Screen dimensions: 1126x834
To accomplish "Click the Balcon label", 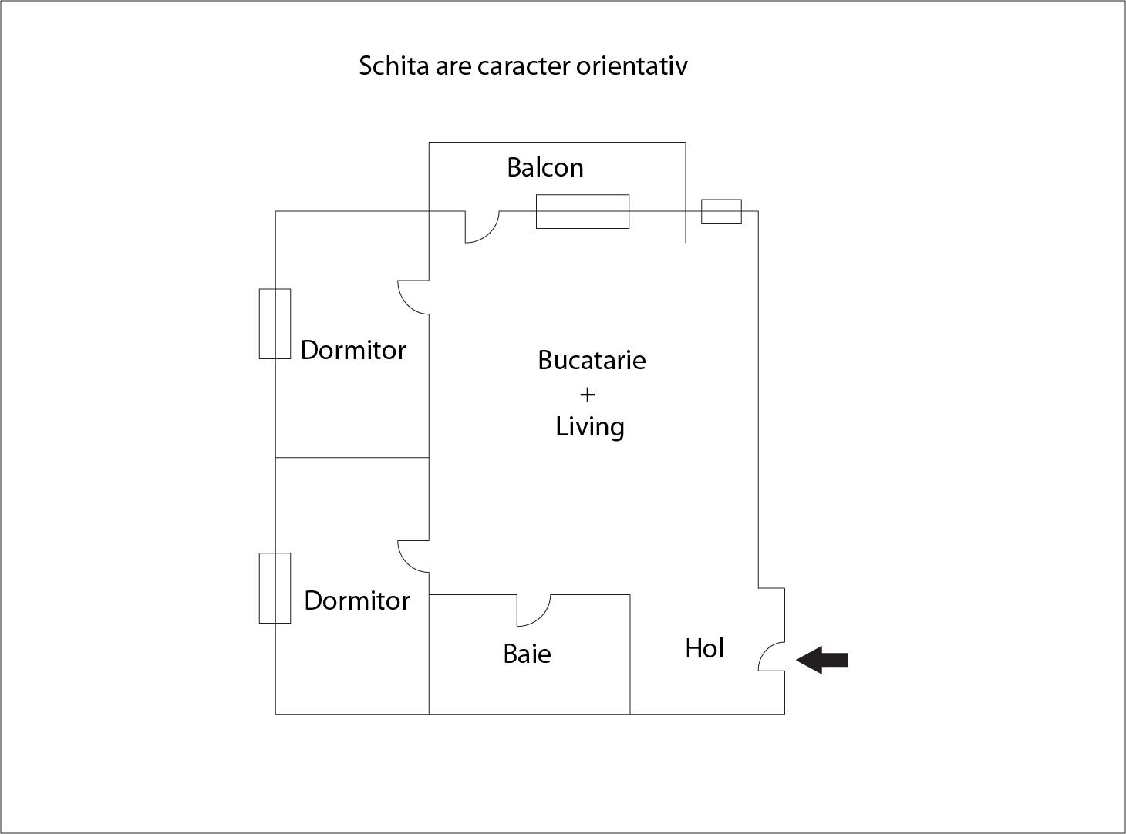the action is [x=545, y=167].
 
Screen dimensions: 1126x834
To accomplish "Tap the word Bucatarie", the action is [x=592, y=361].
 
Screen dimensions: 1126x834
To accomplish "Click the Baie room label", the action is [x=527, y=654].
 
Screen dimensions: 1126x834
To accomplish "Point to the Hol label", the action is [x=704, y=648].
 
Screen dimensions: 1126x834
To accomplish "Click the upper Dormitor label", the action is [x=352, y=350].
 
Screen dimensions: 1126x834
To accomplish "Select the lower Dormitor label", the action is [x=357, y=601].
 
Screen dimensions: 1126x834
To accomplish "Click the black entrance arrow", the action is [x=822, y=660].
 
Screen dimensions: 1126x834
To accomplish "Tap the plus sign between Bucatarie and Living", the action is [x=588, y=395].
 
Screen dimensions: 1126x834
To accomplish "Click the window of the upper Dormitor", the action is [x=275, y=324].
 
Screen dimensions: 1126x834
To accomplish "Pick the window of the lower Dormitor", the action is [x=275, y=588].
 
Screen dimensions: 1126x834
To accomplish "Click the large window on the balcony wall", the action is [x=582, y=211].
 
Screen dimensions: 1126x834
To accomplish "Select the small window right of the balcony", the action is [x=721, y=211].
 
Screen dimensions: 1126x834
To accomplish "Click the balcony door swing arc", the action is [x=482, y=227].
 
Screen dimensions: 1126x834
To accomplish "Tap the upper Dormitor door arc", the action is [x=413, y=298].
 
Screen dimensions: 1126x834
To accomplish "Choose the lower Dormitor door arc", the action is [x=413, y=557].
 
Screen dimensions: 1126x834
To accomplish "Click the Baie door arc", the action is [x=534, y=610].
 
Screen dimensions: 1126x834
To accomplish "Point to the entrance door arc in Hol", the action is [x=772, y=656].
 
